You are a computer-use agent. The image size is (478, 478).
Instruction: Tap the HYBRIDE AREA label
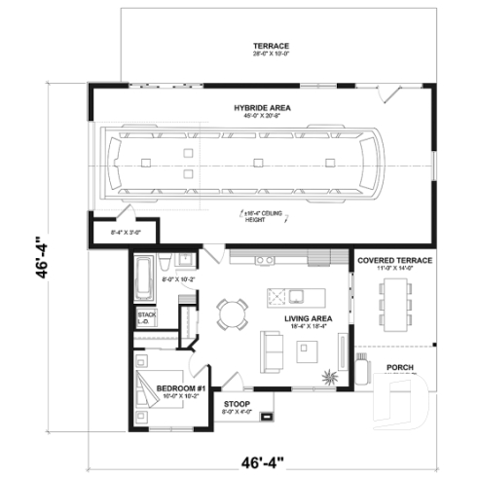(263, 107)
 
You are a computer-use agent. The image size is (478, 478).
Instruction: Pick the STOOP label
(239, 402)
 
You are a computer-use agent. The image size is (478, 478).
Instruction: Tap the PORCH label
(402, 367)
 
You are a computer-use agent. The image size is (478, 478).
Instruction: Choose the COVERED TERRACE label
(395, 261)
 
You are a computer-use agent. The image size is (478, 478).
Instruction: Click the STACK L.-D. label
(146, 318)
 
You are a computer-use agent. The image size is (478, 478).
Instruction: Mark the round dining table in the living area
(233, 313)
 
